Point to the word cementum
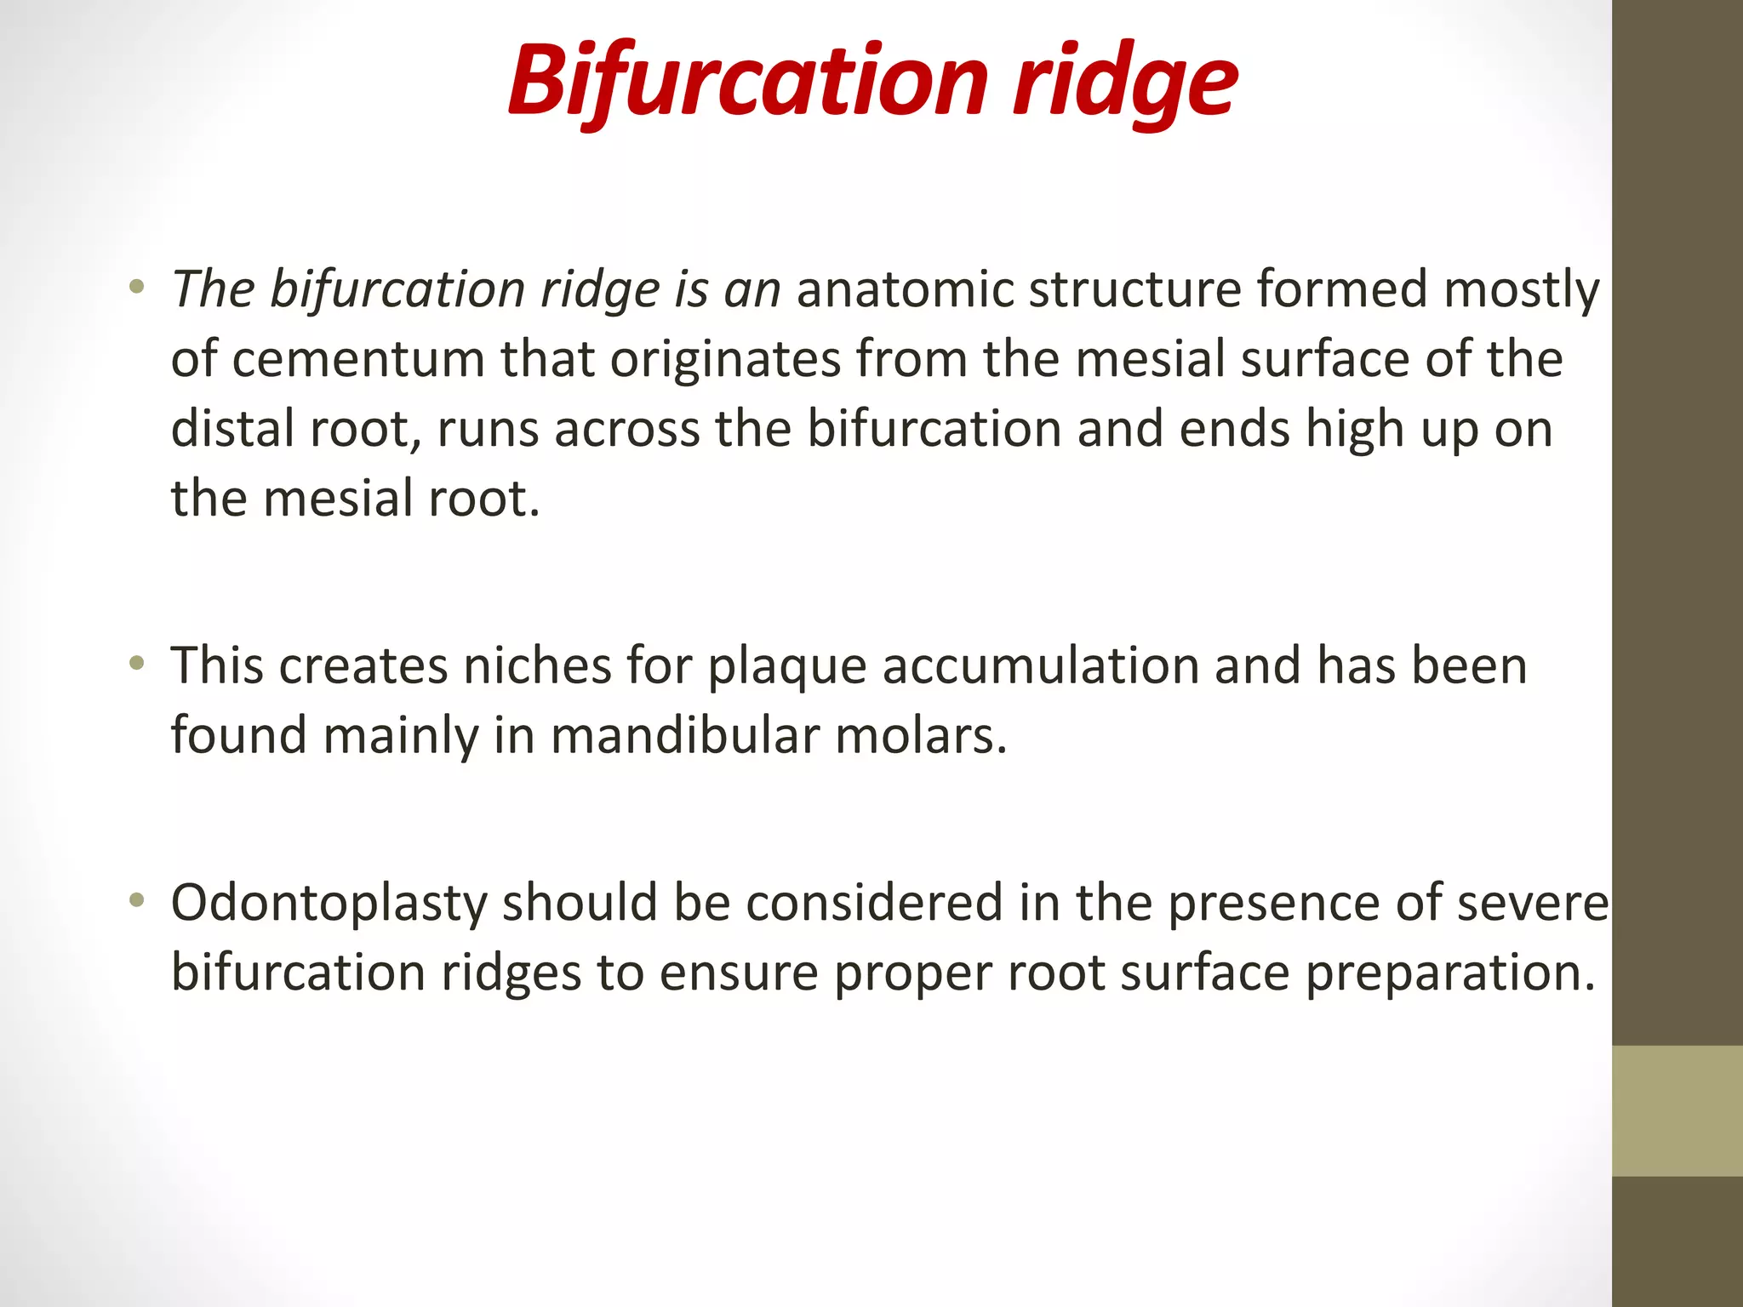pyautogui.click(x=357, y=359)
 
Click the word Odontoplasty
pyautogui.click(x=329, y=905)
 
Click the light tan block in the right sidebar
pyautogui.click(x=1677, y=1110)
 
